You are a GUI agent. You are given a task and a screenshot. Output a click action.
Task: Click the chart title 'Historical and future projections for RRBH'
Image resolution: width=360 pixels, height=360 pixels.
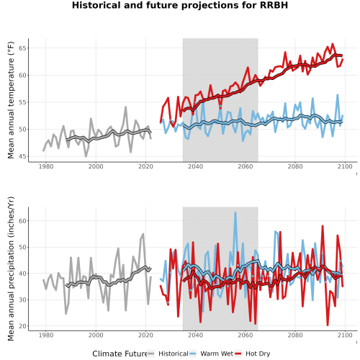click(180, 5)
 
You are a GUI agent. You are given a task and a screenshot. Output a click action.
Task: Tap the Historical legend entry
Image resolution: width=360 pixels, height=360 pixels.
click(168, 354)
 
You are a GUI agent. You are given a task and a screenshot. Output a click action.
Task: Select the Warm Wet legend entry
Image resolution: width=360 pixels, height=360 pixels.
click(211, 354)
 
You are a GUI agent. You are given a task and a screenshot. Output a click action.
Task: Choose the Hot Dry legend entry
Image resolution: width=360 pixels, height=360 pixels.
click(252, 354)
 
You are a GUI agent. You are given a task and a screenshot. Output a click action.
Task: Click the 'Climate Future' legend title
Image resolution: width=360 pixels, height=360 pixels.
click(120, 354)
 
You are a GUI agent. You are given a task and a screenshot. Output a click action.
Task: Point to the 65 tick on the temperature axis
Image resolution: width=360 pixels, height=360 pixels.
click(22, 48)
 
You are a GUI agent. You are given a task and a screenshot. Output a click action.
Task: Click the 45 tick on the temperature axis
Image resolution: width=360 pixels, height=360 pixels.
click(22, 156)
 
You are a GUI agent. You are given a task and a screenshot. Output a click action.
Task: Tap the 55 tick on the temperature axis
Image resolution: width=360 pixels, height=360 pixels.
click(22, 102)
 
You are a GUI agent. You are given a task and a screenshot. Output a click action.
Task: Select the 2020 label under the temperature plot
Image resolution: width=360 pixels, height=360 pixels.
click(145, 166)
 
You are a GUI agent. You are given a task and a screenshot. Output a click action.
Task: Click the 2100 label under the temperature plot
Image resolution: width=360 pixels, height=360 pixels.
click(345, 166)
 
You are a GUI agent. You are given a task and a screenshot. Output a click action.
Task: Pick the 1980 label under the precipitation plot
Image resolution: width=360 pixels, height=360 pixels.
click(46, 335)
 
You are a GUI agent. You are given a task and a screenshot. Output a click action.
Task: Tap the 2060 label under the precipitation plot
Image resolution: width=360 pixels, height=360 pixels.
click(246, 335)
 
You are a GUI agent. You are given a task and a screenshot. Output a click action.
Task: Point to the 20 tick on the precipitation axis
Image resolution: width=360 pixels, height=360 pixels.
click(22, 326)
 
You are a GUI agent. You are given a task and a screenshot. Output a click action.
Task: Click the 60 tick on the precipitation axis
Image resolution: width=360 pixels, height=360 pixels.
click(22, 221)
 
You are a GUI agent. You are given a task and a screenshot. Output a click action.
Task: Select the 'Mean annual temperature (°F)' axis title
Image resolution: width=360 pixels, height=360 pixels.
click(11, 100)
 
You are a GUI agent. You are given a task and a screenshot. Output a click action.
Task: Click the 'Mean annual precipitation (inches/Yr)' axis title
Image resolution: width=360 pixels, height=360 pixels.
click(11, 269)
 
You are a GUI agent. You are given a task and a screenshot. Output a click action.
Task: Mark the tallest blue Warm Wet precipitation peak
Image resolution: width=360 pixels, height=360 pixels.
click(235, 212)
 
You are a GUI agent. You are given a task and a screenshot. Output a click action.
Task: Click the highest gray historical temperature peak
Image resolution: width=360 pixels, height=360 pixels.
click(126, 107)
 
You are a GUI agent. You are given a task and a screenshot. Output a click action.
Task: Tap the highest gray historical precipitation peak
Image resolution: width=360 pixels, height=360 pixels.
click(143, 234)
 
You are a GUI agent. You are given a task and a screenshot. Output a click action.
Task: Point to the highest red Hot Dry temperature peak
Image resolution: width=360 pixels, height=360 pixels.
click(333, 44)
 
